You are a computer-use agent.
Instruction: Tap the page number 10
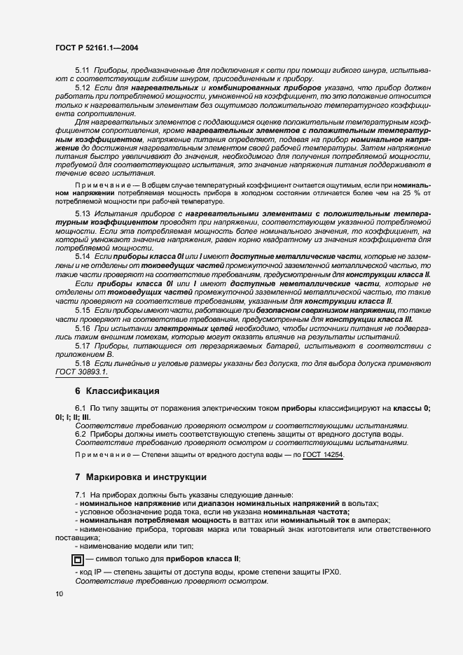[59, 594]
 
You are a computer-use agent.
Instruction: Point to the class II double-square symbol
[77, 559]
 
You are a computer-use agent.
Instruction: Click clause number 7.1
[80, 495]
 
